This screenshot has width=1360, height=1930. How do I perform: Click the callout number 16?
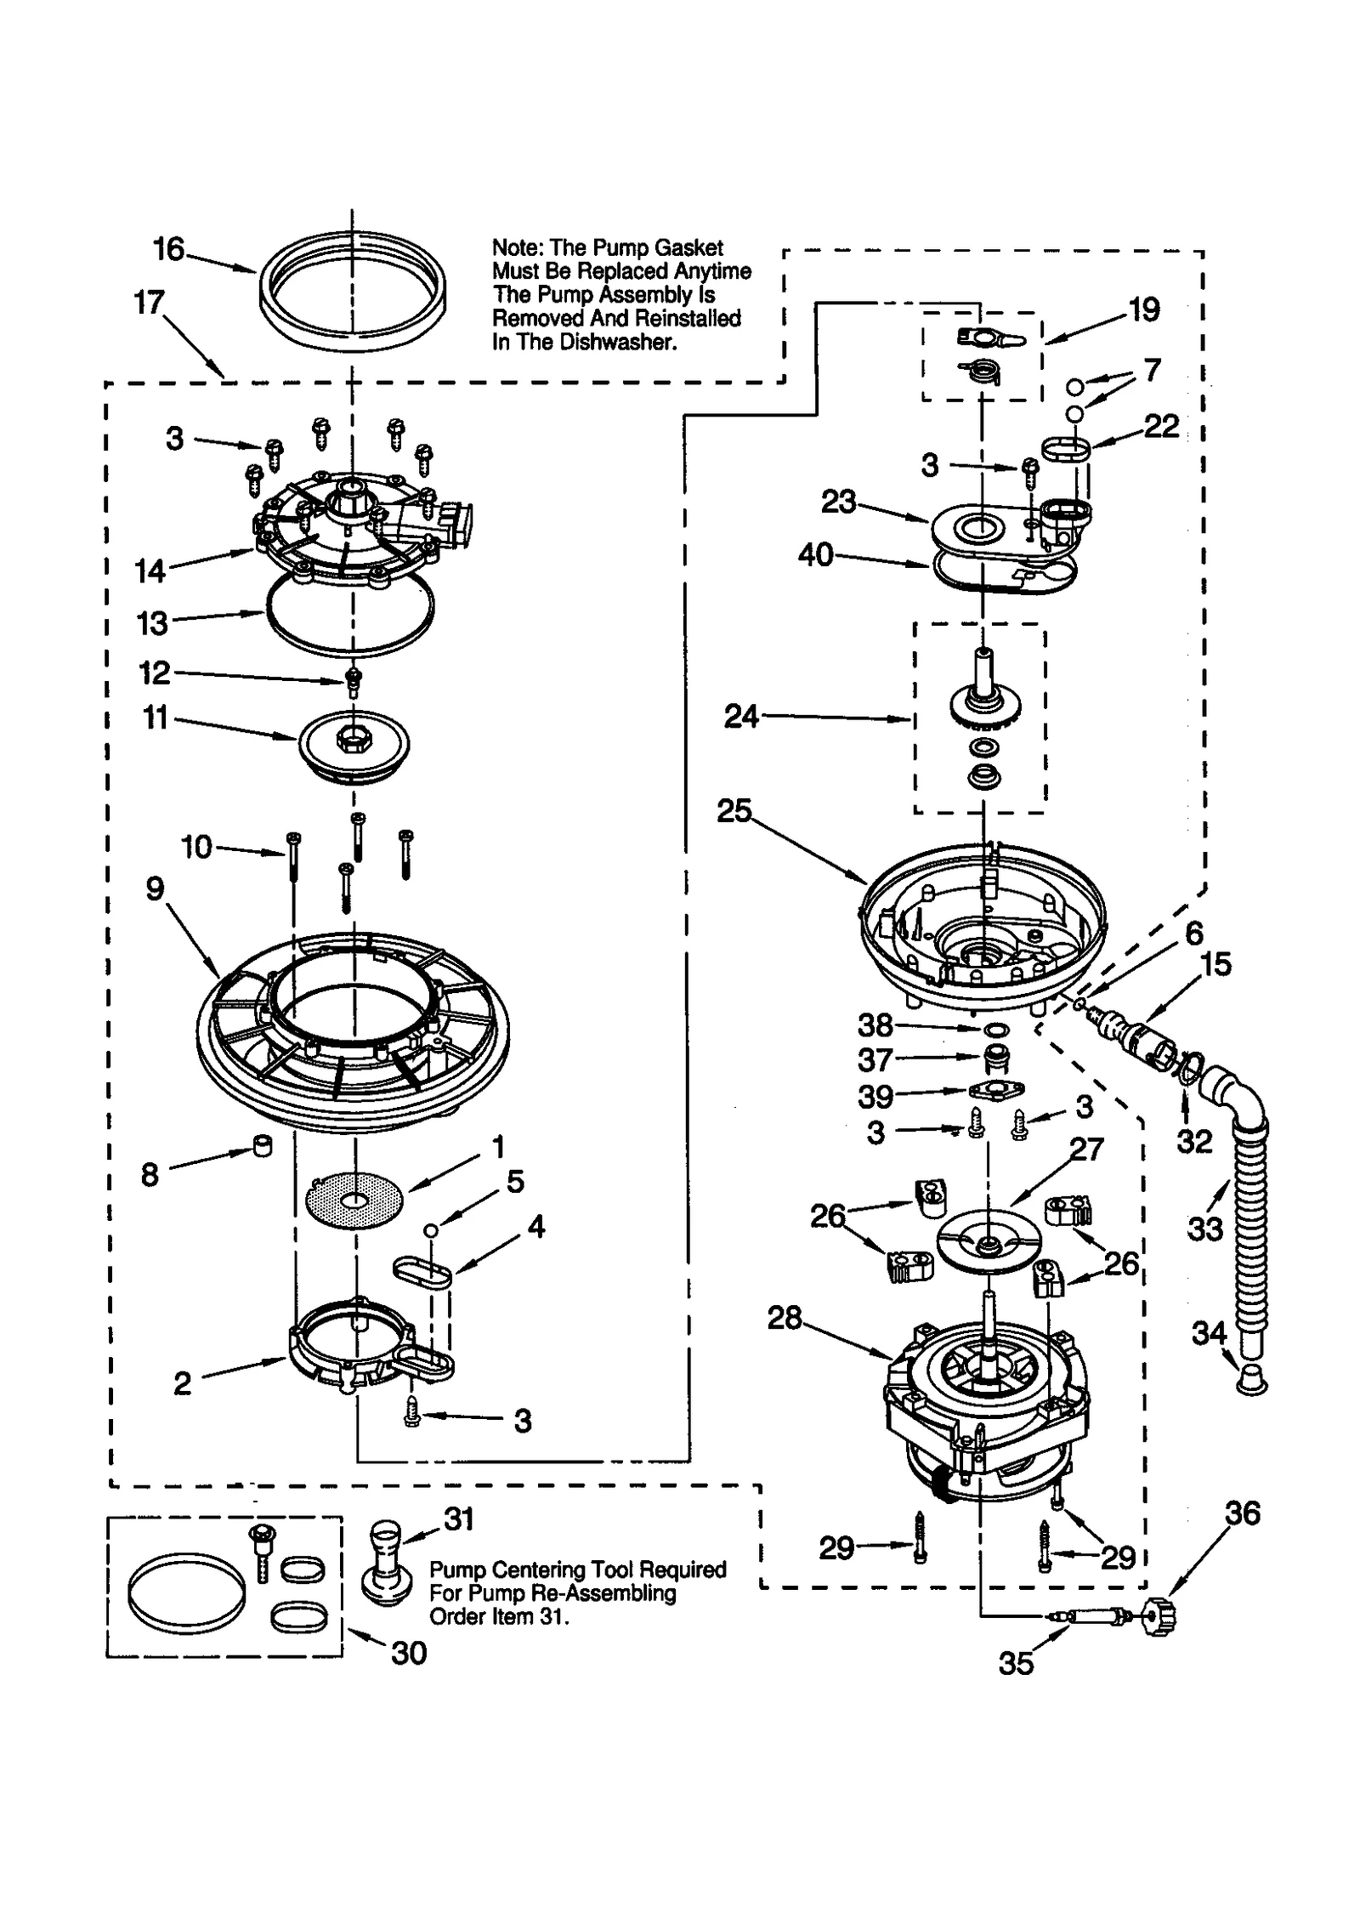(168, 249)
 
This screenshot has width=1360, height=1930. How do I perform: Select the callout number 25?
(734, 810)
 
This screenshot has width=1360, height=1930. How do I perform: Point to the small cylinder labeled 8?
(263, 1145)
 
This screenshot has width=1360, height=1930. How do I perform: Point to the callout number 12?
(155, 673)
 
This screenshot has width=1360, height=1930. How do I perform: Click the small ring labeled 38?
(992, 1030)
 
